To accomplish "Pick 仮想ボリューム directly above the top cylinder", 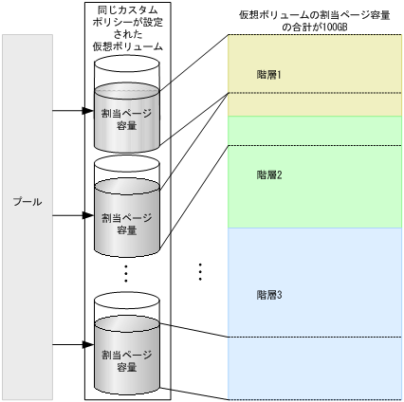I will [127, 46].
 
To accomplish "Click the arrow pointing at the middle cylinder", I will [68, 215].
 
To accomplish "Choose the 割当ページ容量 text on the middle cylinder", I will [127, 224].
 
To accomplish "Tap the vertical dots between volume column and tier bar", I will [200, 271].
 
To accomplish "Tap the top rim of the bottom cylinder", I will [127, 301].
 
